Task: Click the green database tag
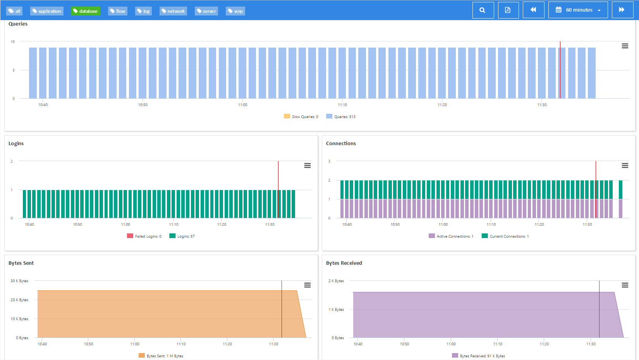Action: pyautogui.click(x=86, y=11)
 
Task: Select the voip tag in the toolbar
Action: pyautogui.click(x=235, y=11)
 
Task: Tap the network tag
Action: pyautogui.click(x=173, y=11)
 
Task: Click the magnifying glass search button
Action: pyautogui.click(x=483, y=10)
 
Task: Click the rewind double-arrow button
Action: pyautogui.click(x=533, y=10)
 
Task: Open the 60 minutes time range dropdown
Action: pyautogui.click(x=578, y=10)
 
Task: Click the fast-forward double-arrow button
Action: pyautogui.click(x=622, y=10)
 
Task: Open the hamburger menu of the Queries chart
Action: pyautogui.click(x=625, y=46)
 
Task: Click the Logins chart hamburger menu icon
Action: pyautogui.click(x=307, y=166)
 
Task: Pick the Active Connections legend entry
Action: pyautogui.click(x=451, y=236)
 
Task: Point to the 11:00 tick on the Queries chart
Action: pyautogui.click(x=242, y=105)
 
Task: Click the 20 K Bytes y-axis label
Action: pyautogui.click(x=19, y=300)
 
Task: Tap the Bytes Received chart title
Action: pyautogui.click(x=344, y=263)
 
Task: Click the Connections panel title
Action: pyautogui.click(x=341, y=143)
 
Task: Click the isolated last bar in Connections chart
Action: pyautogui.click(x=620, y=199)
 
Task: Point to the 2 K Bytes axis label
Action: pyautogui.click(x=336, y=281)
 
